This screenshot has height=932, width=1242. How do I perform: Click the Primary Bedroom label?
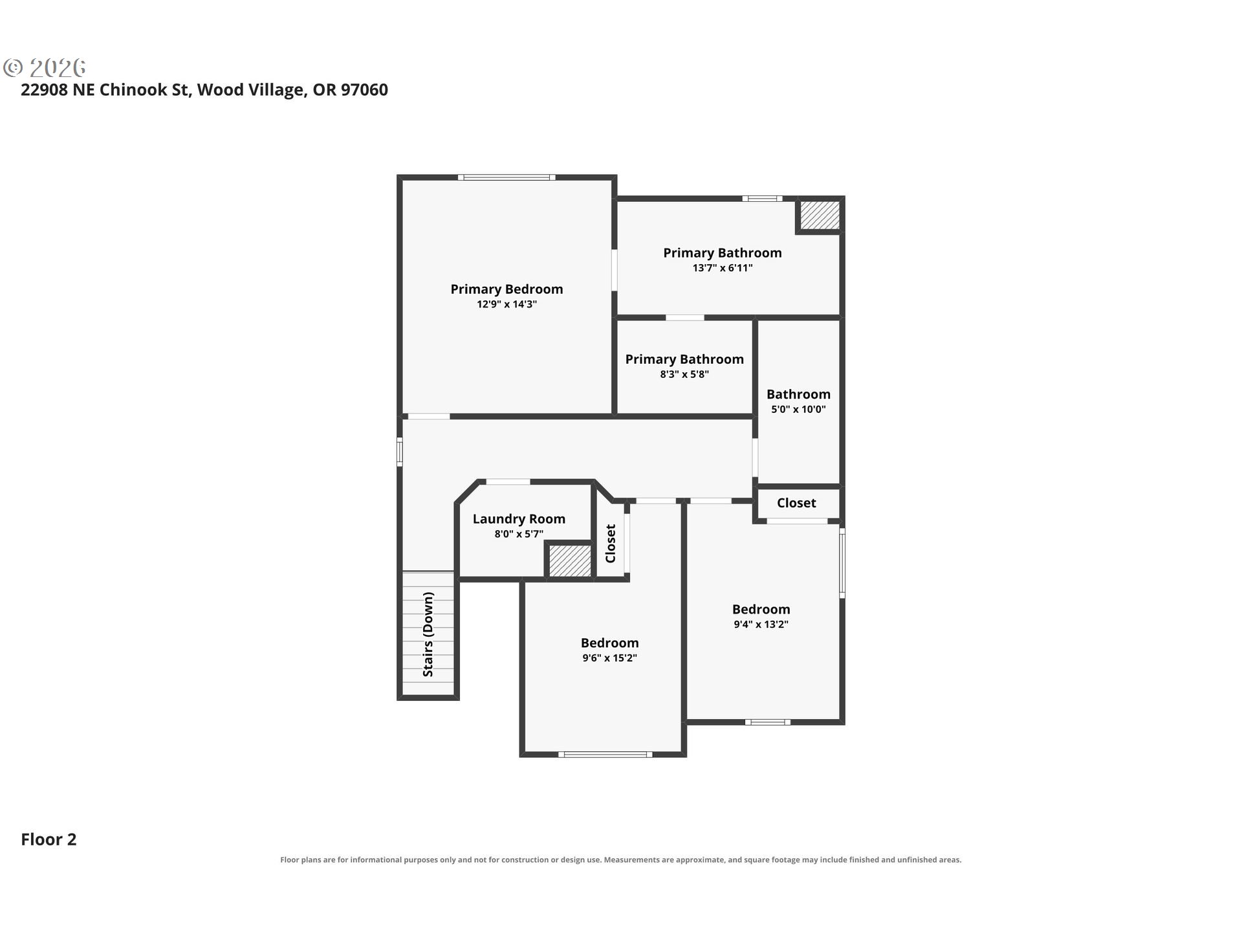507,289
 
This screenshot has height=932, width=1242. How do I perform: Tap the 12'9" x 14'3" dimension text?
507,304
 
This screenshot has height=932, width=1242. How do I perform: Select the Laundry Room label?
519,519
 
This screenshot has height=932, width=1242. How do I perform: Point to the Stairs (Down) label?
428,634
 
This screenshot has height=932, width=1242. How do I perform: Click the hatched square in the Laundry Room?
570,560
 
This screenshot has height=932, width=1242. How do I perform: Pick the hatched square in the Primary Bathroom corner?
820,215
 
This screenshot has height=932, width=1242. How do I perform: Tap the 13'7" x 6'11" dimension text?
723,268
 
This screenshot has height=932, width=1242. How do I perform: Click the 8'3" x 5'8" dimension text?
684,374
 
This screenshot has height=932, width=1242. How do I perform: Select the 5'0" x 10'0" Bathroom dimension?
798,409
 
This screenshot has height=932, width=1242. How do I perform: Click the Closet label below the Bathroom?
796,503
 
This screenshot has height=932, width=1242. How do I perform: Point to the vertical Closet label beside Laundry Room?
611,544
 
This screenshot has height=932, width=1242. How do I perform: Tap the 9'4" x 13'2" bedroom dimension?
761,625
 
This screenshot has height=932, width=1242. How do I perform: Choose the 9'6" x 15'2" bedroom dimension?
609,658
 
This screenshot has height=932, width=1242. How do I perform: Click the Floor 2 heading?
49,839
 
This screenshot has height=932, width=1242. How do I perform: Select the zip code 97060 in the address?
364,90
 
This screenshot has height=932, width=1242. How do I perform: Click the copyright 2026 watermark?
45,67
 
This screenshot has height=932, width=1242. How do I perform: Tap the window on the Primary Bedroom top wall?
507,177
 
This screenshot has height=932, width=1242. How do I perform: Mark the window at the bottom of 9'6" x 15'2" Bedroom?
605,754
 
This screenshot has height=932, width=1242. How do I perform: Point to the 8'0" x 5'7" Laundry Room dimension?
519,534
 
